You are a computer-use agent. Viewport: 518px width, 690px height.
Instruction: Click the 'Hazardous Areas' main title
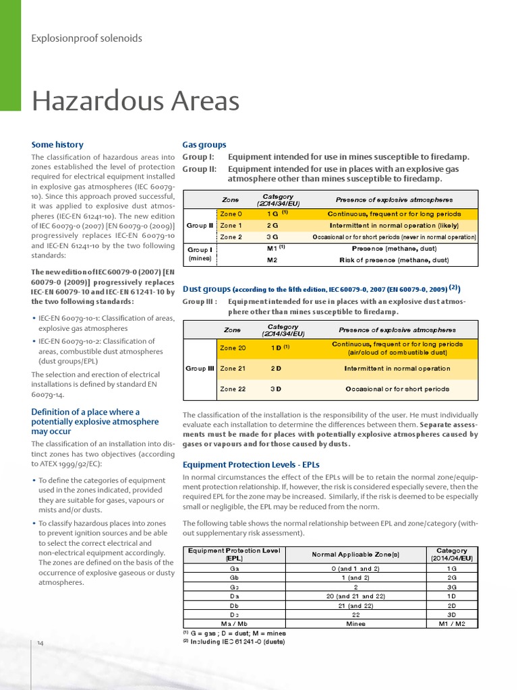coord(136,102)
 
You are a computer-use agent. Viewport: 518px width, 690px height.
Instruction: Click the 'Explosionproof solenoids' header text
coord(87,38)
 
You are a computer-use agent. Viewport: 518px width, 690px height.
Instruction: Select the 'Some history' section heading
coord(57,144)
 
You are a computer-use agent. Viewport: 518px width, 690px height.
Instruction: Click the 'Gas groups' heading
coord(204,144)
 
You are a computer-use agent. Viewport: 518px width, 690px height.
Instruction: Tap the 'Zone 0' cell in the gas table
coord(231,214)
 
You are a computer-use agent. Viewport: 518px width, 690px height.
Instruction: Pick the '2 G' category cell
coord(272,225)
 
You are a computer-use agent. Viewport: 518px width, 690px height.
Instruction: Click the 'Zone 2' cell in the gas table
coord(231,237)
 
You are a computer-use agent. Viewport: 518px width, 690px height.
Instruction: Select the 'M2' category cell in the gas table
coord(272,259)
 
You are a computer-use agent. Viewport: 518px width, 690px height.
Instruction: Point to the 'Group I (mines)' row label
coord(200,253)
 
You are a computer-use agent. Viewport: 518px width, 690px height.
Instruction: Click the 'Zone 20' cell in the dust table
coord(233,348)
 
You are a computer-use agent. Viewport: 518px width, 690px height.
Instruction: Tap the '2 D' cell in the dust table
coord(276,369)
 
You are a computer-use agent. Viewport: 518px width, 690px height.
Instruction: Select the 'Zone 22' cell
coord(233,389)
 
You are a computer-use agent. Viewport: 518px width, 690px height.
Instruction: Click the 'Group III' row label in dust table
coord(200,369)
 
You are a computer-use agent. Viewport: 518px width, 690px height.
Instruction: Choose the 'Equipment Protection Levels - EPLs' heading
coord(251,464)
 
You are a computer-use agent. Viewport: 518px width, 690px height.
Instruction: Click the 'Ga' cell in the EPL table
coord(234,568)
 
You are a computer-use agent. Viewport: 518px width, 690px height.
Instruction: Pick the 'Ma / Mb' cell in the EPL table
coord(234,623)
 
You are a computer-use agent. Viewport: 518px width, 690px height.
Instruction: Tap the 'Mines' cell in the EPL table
coord(355,623)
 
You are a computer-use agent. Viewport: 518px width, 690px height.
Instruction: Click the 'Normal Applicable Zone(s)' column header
coord(355,554)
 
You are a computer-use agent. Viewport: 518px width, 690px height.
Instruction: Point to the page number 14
coord(40,644)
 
